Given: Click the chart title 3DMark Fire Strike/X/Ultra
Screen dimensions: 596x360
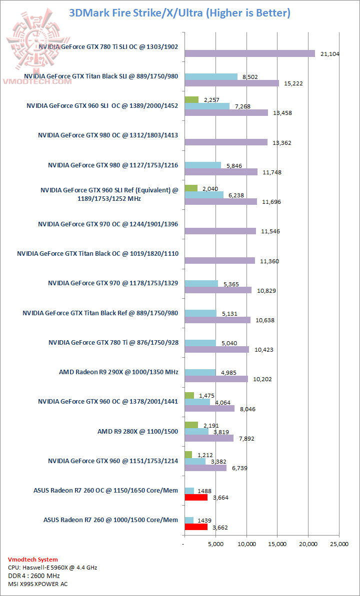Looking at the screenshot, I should (180, 13).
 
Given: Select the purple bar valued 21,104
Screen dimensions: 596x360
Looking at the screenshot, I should (249, 54).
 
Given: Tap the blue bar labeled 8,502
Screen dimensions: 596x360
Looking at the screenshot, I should (211, 76).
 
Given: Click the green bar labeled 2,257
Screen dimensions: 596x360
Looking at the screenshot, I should (191, 99).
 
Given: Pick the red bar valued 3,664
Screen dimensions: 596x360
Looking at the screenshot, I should (196, 498).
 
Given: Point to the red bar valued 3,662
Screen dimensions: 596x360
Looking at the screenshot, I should (196, 527).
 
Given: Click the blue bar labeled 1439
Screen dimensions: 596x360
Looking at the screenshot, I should (189, 520).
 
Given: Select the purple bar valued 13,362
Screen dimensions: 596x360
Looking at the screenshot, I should (226, 142).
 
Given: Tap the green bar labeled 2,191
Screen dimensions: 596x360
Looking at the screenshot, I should (191, 425).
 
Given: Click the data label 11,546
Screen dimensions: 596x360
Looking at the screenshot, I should (270, 231).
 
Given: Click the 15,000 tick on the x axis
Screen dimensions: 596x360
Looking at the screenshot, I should (277, 544).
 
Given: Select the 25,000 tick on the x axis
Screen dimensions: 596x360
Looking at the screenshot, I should (339, 544).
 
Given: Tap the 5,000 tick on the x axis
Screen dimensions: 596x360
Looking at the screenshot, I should (215, 544).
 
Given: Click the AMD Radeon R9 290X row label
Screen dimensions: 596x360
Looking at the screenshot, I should (118, 372).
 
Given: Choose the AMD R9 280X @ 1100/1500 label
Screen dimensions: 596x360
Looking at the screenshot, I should (137, 431).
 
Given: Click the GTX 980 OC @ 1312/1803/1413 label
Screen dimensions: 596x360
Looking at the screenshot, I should (108, 135).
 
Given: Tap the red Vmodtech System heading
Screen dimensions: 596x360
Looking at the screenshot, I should (33, 560).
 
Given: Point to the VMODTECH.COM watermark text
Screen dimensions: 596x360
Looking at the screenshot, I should (37, 81).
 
